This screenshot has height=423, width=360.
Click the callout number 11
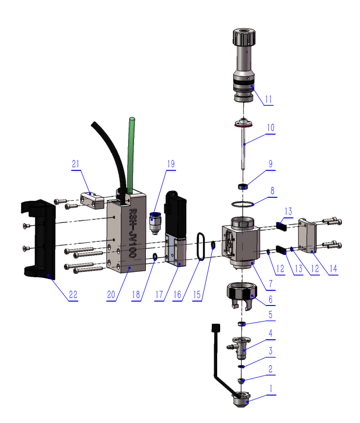click(x=268, y=98)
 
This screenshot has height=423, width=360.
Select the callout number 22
click(x=73, y=295)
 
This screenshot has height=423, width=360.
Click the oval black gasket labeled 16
click(x=201, y=245)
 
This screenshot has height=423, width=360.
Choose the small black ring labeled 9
click(x=242, y=186)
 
